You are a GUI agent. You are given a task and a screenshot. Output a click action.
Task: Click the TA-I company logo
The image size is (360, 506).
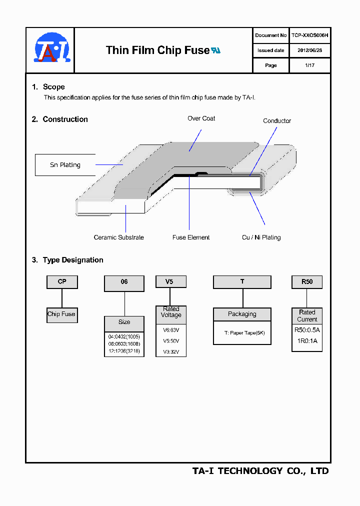pyautogui.click(x=51, y=49)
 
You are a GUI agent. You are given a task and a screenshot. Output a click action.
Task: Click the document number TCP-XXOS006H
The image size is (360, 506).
pyautogui.click(x=309, y=35)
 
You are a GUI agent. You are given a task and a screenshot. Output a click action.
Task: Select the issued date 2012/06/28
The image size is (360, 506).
pyautogui.click(x=309, y=50)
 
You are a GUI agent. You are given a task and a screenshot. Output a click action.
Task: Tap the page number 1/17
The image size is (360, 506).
pyautogui.click(x=309, y=65)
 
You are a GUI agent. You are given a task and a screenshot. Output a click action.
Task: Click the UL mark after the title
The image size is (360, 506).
pyautogui.click(x=215, y=50)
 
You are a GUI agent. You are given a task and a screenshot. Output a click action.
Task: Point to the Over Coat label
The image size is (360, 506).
pyautogui.click(x=201, y=118)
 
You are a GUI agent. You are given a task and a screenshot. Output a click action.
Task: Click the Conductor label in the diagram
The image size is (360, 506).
pyautogui.click(x=277, y=121)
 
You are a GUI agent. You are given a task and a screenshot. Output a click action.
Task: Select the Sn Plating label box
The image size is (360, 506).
pyautogui.click(x=65, y=165)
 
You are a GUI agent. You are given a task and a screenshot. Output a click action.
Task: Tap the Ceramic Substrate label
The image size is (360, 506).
pyautogui.click(x=118, y=237)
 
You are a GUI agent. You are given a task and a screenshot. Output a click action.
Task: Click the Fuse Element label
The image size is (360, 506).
pyautogui.click(x=191, y=237)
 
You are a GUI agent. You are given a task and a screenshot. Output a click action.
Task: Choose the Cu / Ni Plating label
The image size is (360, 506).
pyautogui.click(x=261, y=237)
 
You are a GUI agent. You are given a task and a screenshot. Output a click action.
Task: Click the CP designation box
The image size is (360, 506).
pyautogui.click(x=62, y=282)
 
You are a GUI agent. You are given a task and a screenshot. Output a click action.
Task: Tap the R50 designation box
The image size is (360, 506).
pyautogui.click(x=307, y=282)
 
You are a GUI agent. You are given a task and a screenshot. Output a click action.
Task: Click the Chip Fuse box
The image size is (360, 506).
pyautogui.click(x=61, y=314)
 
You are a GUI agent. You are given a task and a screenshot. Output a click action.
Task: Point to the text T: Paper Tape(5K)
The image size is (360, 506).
pyautogui.click(x=242, y=333)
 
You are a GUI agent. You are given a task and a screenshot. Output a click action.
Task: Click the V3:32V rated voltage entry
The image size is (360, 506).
pyautogui.click(x=171, y=352)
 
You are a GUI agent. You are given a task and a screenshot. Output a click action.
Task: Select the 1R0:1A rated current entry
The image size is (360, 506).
pyautogui.click(x=307, y=341)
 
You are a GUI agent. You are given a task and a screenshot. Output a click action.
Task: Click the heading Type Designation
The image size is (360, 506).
pyautogui.click(x=73, y=260)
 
